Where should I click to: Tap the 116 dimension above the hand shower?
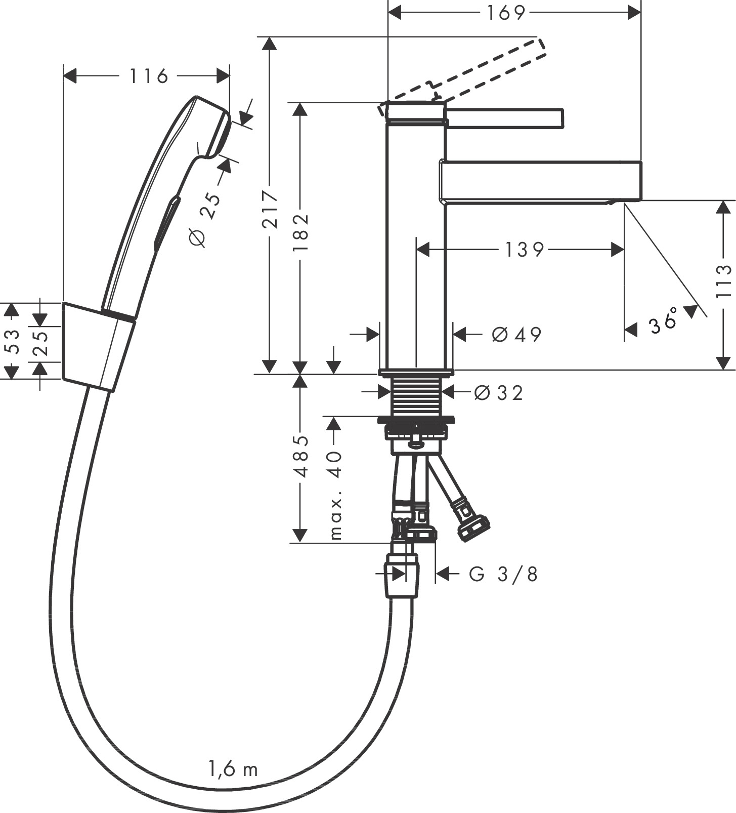tap(148, 76)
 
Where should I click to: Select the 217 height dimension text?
tap(271, 208)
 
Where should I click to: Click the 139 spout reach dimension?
tap(524, 250)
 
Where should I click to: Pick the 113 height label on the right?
tap(724, 281)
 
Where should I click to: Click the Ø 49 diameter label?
tap(516, 334)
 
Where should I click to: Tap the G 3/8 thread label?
tap(503, 574)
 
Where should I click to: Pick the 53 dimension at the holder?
tap(11, 341)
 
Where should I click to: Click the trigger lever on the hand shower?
tap(166, 223)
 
